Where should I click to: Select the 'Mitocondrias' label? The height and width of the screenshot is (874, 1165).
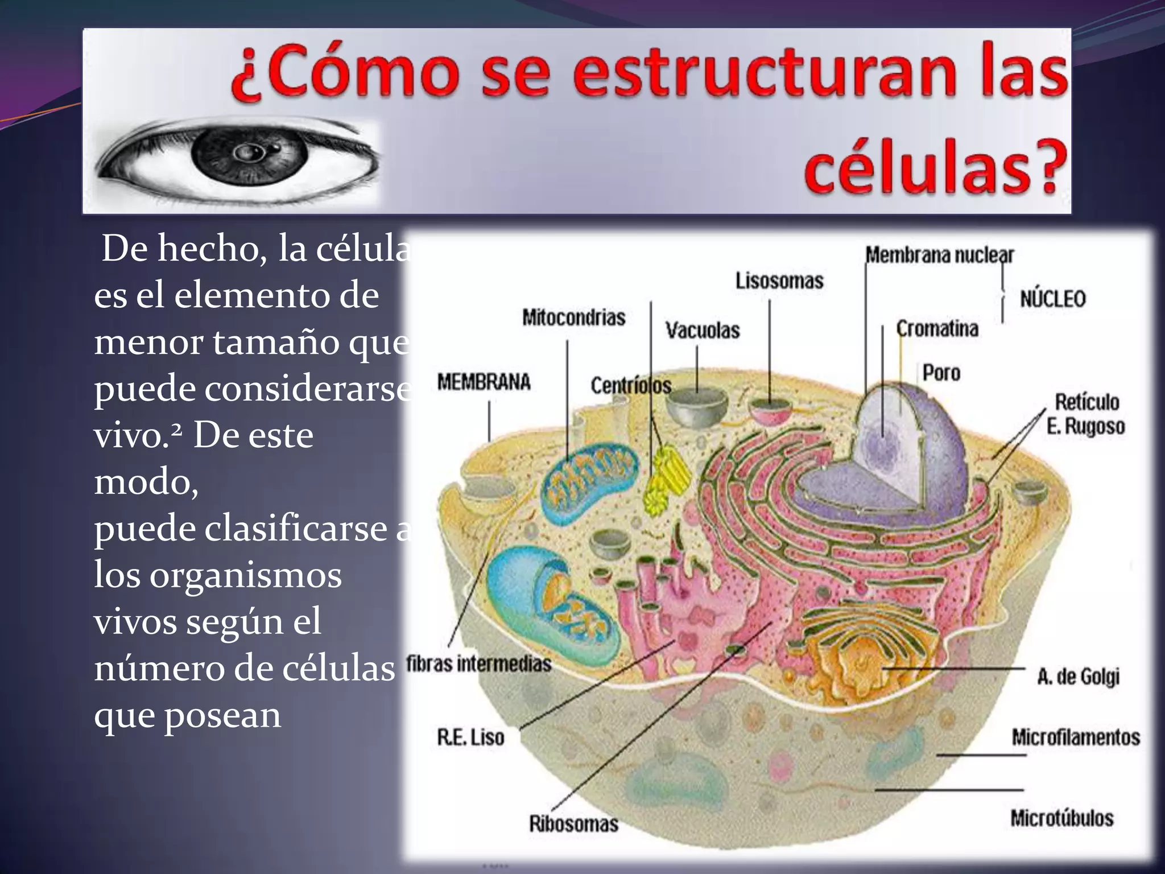(x=573, y=318)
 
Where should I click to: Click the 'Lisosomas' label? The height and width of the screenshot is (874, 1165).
(x=779, y=281)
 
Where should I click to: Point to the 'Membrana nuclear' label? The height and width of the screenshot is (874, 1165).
(x=939, y=255)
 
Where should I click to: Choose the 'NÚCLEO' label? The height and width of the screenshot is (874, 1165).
(x=1052, y=299)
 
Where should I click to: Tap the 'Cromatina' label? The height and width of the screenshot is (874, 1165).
(x=937, y=329)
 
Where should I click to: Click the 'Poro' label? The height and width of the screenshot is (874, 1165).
(x=941, y=373)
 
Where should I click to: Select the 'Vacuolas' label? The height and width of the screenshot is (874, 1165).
(x=703, y=330)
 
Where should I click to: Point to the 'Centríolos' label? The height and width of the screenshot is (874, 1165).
(x=631, y=386)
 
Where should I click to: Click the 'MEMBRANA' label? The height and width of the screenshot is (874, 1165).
(x=484, y=382)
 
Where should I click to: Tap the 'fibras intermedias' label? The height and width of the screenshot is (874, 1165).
(x=479, y=663)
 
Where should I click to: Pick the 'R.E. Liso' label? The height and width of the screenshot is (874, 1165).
(x=470, y=737)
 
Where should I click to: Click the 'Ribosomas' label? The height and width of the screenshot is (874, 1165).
(x=573, y=823)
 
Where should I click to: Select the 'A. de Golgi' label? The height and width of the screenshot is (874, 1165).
(x=1078, y=677)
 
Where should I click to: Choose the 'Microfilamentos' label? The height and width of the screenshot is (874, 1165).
(x=1075, y=737)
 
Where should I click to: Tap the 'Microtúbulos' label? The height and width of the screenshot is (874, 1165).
(x=1061, y=818)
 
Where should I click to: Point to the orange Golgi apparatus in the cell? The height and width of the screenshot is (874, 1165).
(x=859, y=660)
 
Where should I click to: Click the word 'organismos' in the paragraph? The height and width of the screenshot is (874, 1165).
(x=246, y=575)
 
